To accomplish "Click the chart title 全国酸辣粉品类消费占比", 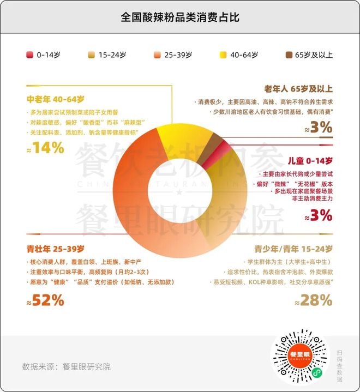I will click(180, 17).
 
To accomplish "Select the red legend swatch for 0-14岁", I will click(30, 55).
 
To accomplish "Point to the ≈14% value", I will click(46, 147).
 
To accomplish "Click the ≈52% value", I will click(46, 300).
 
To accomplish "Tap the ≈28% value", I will click(313, 300).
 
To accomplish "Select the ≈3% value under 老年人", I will click(319, 128).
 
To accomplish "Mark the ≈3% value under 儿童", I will click(319, 215).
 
